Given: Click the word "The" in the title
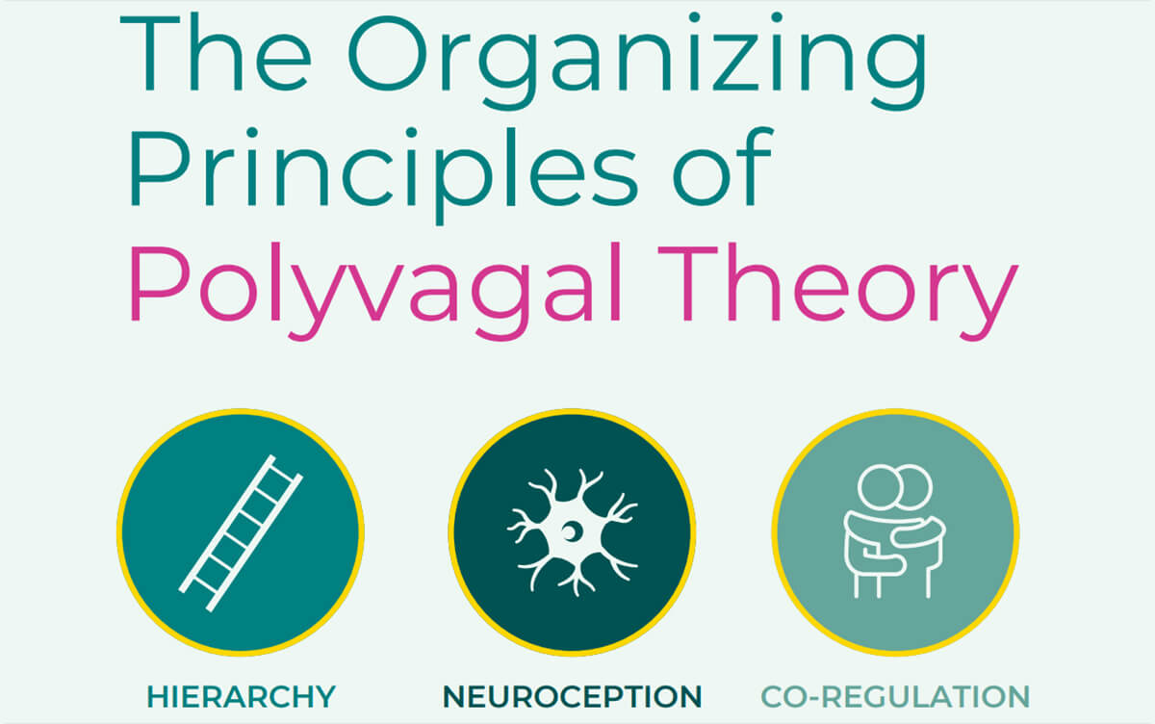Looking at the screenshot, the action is point(216,53).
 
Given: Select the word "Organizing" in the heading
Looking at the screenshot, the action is point(638,61).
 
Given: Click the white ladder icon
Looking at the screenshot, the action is point(241,532).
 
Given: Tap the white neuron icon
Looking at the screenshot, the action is point(573,532).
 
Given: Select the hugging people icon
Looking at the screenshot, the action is point(894,531).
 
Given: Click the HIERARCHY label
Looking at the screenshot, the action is point(242,697).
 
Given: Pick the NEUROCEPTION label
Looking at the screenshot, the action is point(573,697).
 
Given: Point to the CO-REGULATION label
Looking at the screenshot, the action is point(895,697).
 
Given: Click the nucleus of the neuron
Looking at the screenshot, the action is point(571,531).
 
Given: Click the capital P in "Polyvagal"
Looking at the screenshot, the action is point(161,283).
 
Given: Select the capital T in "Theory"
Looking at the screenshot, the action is point(688,283).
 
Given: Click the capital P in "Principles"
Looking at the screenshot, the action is point(161,168).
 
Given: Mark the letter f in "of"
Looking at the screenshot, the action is point(756,167).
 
